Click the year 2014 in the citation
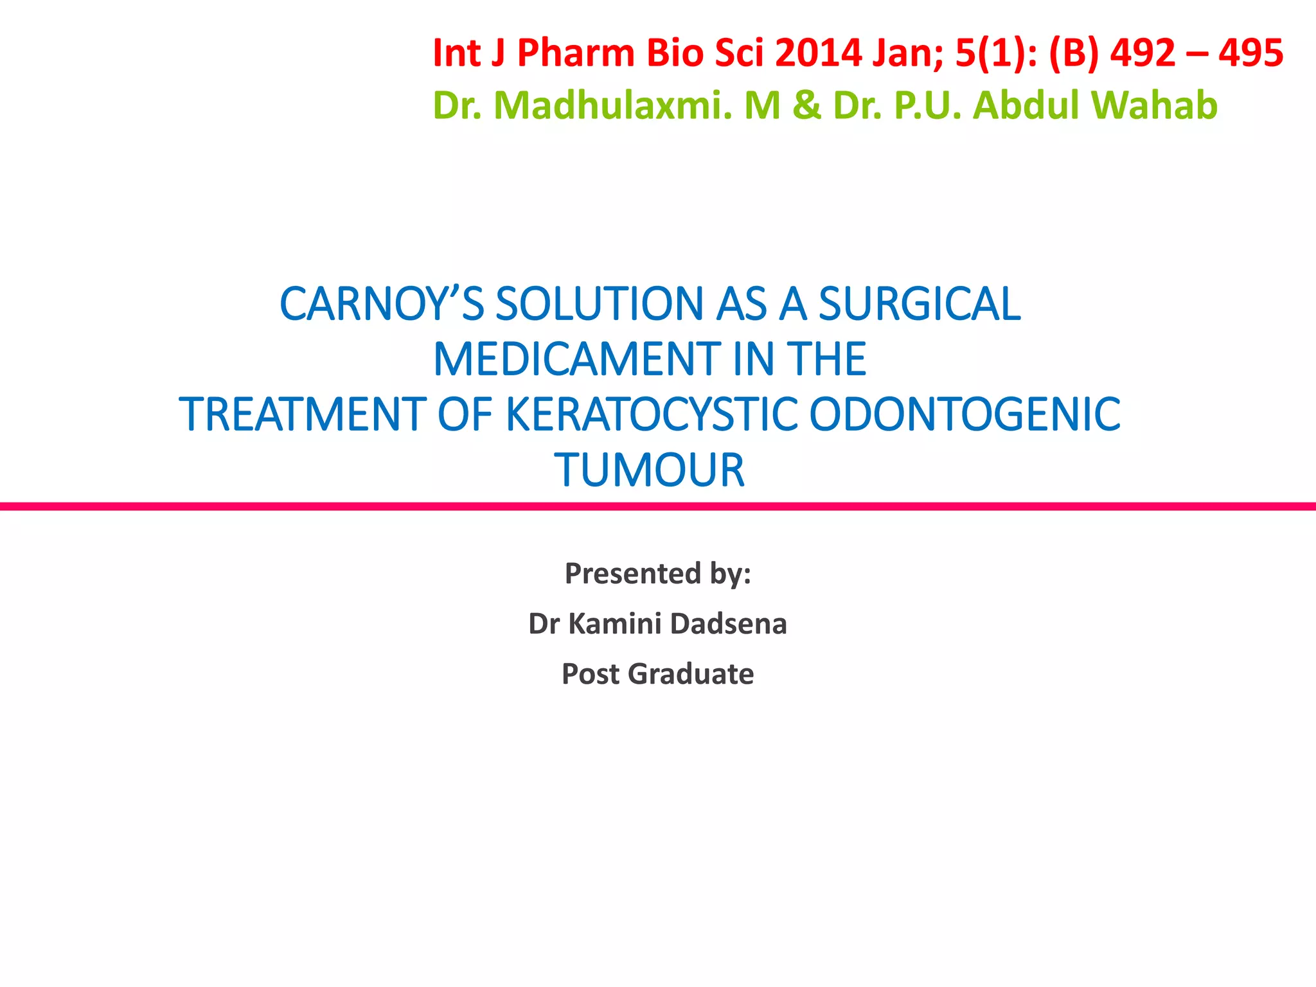(x=818, y=53)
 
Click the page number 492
(x=1143, y=53)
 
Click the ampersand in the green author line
(x=807, y=105)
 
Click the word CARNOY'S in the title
(x=382, y=304)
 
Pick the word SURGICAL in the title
(x=919, y=304)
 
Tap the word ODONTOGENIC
(x=965, y=414)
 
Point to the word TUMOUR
(x=650, y=470)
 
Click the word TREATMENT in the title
(x=302, y=414)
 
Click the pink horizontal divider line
(x=658, y=507)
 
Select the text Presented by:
(x=657, y=573)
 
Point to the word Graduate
(x=690, y=674)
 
